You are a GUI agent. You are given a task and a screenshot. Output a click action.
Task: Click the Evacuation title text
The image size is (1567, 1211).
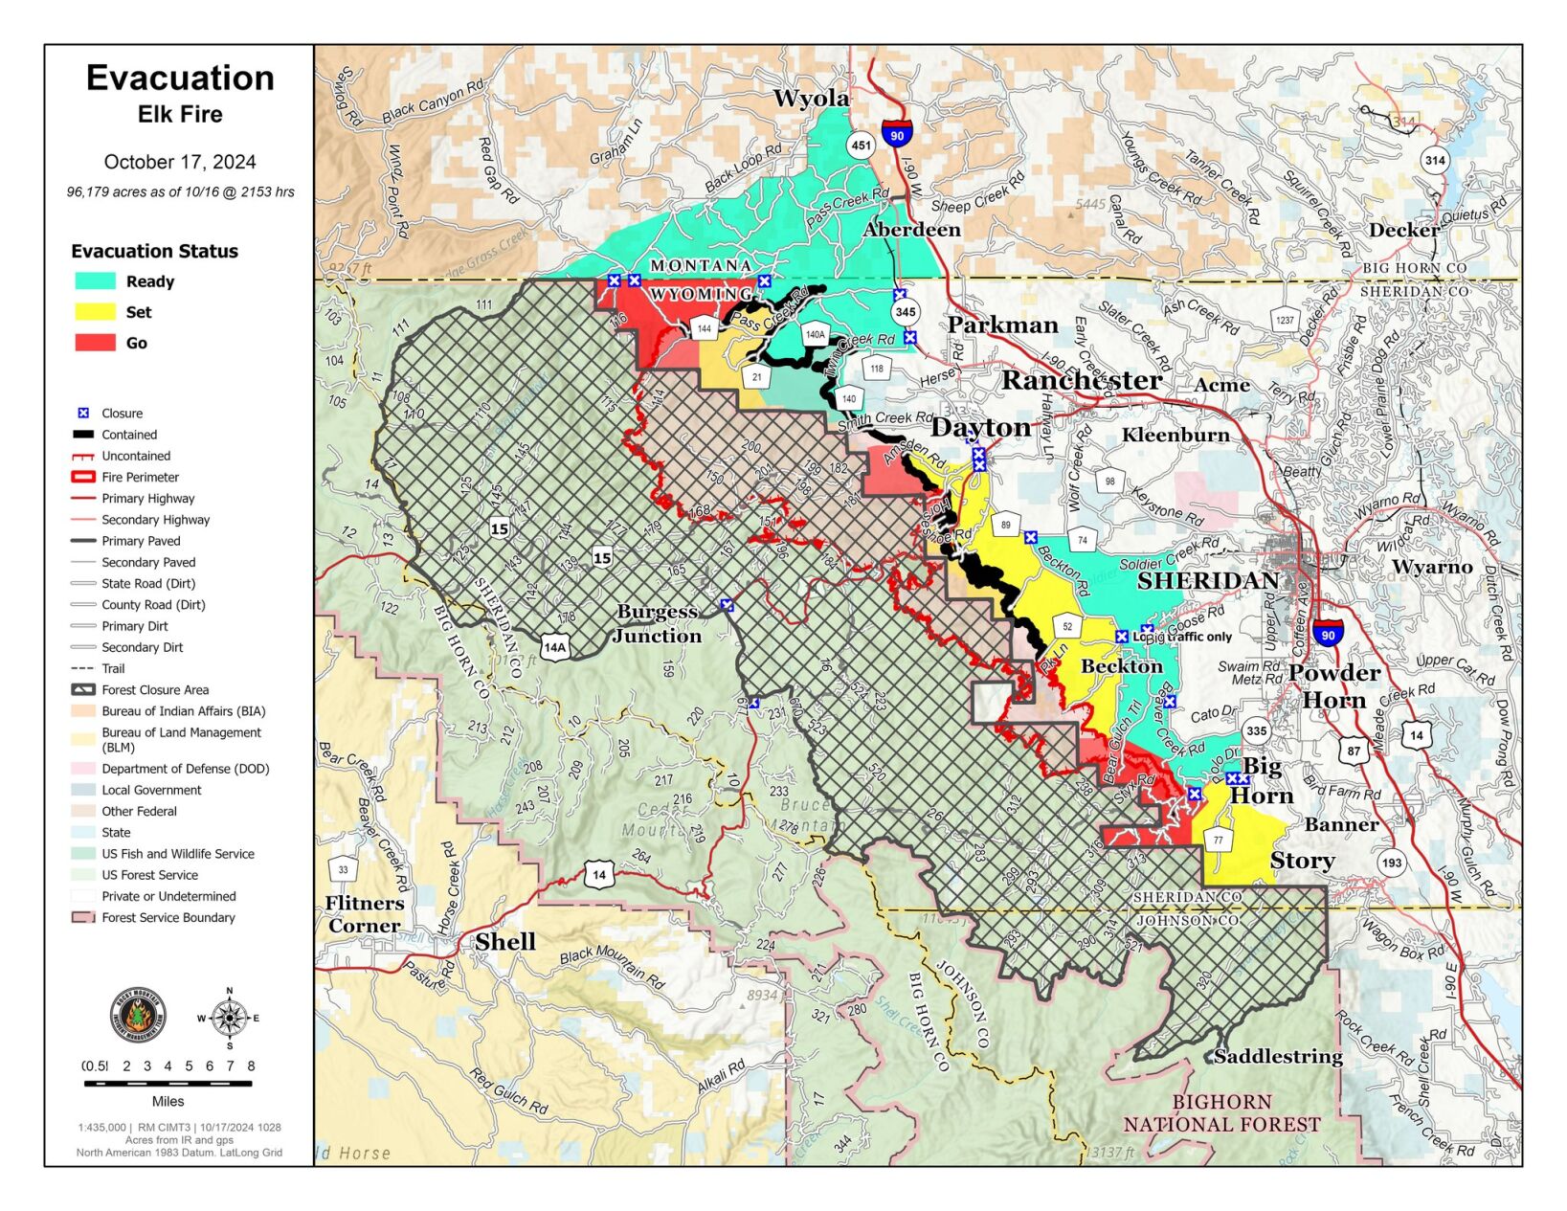point(180,78)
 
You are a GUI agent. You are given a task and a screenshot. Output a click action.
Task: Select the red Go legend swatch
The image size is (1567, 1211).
point(95,343)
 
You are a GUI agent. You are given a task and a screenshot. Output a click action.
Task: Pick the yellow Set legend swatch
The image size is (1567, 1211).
point(95,312)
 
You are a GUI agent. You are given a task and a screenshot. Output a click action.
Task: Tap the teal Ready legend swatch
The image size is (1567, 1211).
point(95,281)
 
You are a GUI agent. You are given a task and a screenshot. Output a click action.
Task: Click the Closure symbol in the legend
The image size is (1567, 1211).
point(83,414)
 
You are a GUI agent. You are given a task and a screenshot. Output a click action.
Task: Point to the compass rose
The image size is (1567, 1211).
point(229,1017)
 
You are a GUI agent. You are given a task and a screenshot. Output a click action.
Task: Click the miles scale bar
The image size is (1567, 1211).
point(168,1084)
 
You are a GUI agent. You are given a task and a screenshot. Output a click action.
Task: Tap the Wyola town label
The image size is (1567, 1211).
point(811,99)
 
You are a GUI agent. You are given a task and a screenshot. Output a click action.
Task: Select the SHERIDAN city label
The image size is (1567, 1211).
point(1207,581)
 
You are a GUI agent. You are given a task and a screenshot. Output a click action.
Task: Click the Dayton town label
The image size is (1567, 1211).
point(980,427)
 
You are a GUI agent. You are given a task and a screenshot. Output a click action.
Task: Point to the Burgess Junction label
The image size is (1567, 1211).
point(658,623)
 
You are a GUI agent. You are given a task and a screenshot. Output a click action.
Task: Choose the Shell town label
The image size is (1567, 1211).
point(505,942)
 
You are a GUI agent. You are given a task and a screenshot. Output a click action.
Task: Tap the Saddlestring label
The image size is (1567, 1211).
point(1278,1057)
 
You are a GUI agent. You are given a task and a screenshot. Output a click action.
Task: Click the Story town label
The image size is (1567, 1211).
point(1302,861)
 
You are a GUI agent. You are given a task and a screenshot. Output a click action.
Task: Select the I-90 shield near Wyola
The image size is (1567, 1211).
point(896,133)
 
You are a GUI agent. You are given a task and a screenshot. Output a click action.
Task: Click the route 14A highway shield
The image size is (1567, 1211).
point(554,646)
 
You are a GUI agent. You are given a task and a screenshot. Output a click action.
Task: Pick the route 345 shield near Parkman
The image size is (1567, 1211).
point(905,311)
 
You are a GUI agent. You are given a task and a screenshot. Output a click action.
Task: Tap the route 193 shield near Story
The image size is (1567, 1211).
point(1391,863)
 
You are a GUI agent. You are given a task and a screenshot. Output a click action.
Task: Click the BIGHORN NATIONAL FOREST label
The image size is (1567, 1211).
point(1221,1113)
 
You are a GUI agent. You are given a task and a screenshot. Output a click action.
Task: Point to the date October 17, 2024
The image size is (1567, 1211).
point(180,162)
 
